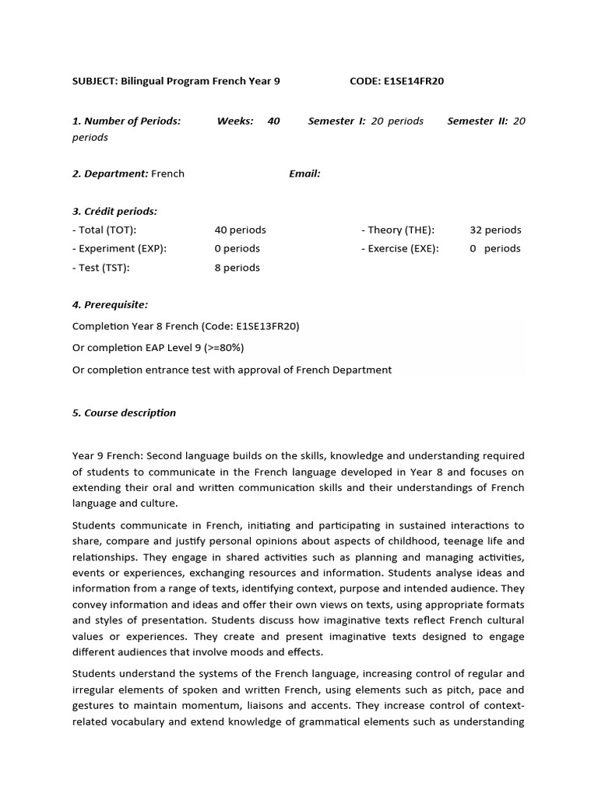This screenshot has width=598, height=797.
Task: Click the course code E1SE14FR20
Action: [x=413, y=81]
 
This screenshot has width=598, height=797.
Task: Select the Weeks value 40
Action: [x=273, y=121]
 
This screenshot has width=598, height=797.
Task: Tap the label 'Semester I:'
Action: [x=336, y=121]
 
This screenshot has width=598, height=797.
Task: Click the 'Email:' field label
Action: [x=304, y=174]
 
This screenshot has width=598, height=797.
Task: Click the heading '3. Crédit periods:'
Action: [x=114, y=211]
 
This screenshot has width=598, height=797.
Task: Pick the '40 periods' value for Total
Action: [x=240, y=230]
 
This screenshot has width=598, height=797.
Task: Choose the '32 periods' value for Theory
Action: [x=495, y=230]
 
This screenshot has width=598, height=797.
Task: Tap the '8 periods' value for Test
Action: [x=237, y=268]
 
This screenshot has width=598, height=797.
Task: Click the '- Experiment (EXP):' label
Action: [x=119, y=248]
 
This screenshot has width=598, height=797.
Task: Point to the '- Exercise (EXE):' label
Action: [x=399, y=248]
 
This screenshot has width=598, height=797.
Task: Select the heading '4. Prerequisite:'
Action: [x=110, y=304]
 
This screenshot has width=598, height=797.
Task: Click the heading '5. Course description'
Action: [x=124, y=413]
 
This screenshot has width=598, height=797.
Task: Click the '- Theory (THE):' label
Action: [x=397, y=230]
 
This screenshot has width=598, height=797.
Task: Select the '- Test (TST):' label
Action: [x=100, y=268]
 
